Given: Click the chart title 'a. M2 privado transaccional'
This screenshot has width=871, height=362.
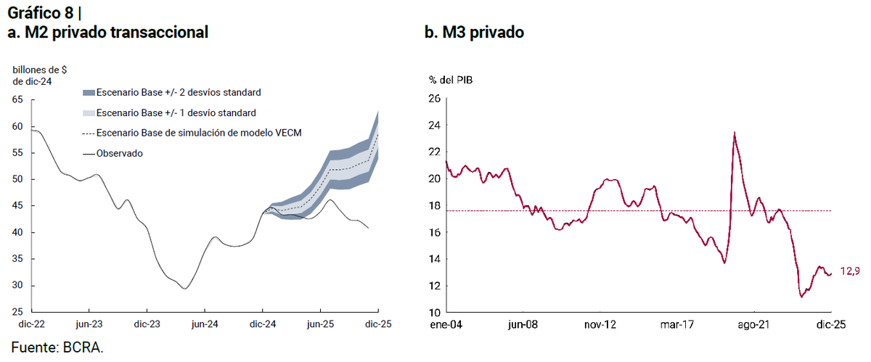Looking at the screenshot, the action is coord(107,32).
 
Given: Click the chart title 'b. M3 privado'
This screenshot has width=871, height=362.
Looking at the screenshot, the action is coord(474,32).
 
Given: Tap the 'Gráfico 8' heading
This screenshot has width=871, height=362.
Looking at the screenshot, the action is coord(41,13).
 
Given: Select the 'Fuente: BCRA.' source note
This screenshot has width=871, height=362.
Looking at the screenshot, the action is coord(57,347).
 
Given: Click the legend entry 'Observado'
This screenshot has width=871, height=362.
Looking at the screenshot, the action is coord(119,154).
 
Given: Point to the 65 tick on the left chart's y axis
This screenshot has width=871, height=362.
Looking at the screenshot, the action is coord(17,99).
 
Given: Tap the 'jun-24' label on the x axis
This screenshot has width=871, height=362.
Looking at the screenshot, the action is coord(205,324).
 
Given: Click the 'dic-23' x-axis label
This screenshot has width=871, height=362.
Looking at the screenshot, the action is coord(147,324).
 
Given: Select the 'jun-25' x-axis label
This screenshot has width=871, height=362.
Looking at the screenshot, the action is coord(320,324).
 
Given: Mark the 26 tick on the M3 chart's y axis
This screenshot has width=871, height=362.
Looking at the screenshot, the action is coord(435,99).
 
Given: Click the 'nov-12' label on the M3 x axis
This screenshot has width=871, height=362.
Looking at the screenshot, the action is coord(600,325).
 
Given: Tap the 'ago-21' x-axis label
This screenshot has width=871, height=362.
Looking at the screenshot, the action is coord(753,325).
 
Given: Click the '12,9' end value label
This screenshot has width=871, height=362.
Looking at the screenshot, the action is coord(850,271).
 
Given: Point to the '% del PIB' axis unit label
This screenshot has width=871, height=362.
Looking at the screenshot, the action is coord(451,80).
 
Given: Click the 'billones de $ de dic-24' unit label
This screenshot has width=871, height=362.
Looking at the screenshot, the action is coord(40,76).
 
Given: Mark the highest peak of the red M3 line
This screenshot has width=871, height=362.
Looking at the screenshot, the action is coord(734,132).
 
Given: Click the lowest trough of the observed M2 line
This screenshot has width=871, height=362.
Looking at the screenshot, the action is coord(184,289).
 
